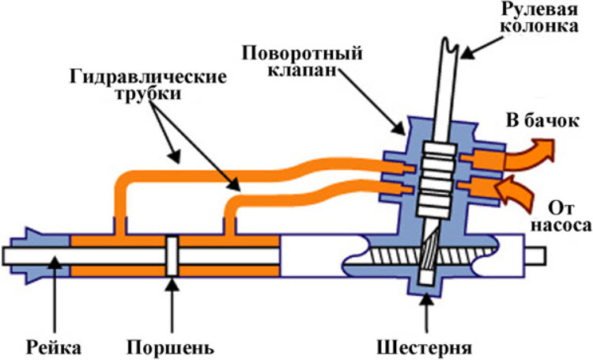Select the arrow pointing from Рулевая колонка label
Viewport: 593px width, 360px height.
[x=482, y=47]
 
